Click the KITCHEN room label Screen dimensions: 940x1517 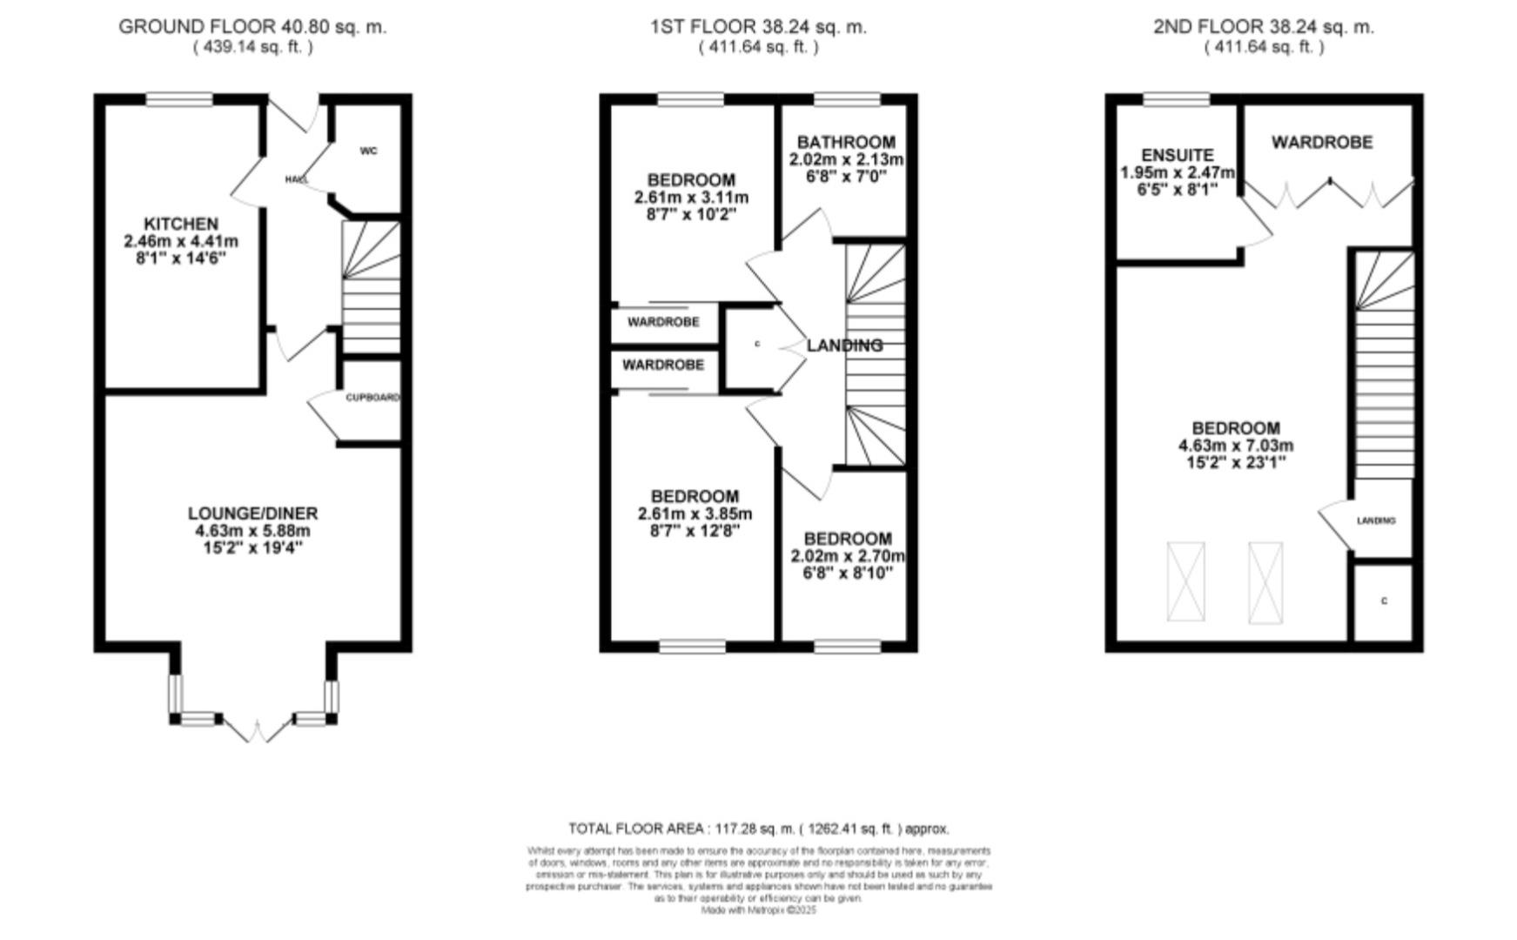(181, 224)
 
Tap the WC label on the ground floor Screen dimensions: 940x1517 (368, 151)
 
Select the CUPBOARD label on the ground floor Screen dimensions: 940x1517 (372, 398)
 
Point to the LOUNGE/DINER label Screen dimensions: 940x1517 (252, 514)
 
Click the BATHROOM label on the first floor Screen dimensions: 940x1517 (845, 142)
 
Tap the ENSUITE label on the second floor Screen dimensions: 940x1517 (1177, 155)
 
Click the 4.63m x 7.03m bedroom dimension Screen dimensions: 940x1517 (1235, 446)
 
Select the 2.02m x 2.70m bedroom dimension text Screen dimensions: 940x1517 (847, 556)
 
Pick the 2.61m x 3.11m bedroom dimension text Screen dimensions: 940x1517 (691, 198)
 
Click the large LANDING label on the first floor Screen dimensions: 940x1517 (844, 346)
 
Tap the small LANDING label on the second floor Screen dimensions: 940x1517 (1375, 520)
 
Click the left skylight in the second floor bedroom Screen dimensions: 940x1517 (1185, 581)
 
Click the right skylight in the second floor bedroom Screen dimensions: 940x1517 (1265, 582)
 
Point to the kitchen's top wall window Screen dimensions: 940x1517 (178, 100)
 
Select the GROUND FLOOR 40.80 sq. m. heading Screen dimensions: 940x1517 (252, 27)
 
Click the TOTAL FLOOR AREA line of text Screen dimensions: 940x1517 (758, 829)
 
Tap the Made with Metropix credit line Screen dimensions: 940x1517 (758, 910)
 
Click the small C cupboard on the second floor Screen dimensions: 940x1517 (1383, 601)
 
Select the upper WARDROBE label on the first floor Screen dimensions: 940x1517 (663, 322)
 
